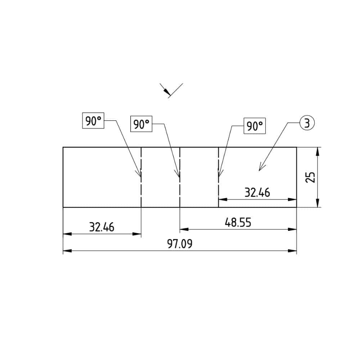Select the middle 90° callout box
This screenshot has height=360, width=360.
point(141,124)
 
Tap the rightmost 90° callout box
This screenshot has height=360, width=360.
point(255,126)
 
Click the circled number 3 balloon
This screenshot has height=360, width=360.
point(306,123)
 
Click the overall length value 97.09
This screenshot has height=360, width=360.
point(180,244)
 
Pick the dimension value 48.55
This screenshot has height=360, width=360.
point(238,223)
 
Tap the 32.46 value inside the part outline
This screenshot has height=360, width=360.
point(257,193)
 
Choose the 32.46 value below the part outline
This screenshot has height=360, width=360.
point(102,227)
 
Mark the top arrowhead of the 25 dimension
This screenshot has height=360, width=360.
point(318,150)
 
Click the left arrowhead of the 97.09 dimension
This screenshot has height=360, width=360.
point(67,251)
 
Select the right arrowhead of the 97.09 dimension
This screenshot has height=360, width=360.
point(293,251)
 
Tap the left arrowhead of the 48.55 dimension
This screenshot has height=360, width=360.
point(183,229)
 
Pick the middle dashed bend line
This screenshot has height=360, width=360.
point(180,191)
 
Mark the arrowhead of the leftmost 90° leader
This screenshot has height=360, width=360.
point(140,175)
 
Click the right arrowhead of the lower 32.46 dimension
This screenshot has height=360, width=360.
point(138,234)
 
